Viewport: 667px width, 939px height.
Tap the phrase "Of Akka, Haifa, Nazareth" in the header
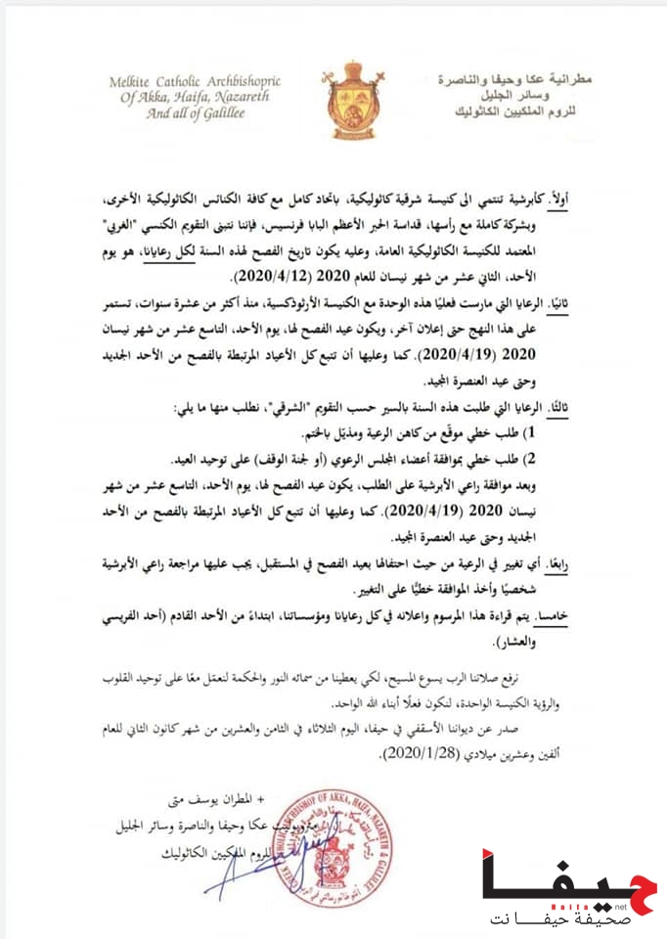(x=165, y=96)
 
